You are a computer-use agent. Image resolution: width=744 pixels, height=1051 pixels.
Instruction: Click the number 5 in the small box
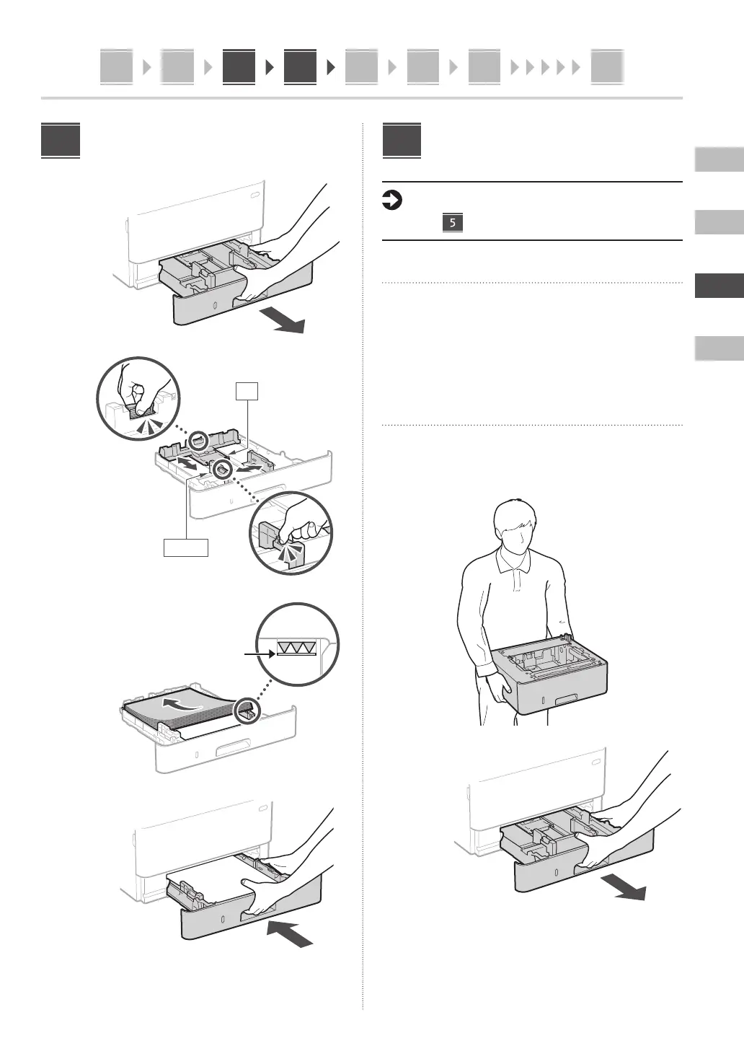coord(452,223)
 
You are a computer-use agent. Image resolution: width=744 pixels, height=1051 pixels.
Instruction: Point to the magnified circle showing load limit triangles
coord(298,646)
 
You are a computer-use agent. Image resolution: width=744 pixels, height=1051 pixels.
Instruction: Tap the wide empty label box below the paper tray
coord(186,548)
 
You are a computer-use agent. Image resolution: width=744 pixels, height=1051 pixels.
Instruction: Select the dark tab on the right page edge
coord(719,286)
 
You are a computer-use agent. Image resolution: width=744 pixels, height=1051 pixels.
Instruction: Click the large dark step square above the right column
coord(402,141)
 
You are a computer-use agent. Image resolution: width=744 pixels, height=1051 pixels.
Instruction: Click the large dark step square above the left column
coord(61,141)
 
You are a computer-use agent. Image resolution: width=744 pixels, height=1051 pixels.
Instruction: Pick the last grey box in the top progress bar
coord(606,67)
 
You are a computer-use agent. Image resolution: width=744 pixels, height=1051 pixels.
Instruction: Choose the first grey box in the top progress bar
coord(116,67)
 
